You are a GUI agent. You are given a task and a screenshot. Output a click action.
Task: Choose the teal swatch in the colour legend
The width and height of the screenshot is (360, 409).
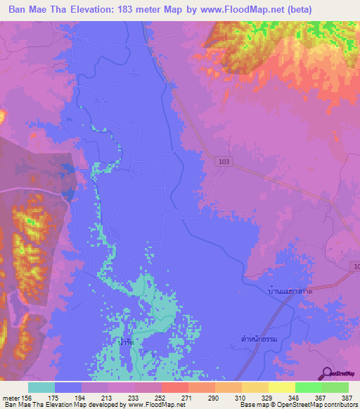coord(41,387)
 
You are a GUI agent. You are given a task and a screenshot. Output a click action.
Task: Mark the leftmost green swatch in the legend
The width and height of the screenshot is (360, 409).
coord(309,387)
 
